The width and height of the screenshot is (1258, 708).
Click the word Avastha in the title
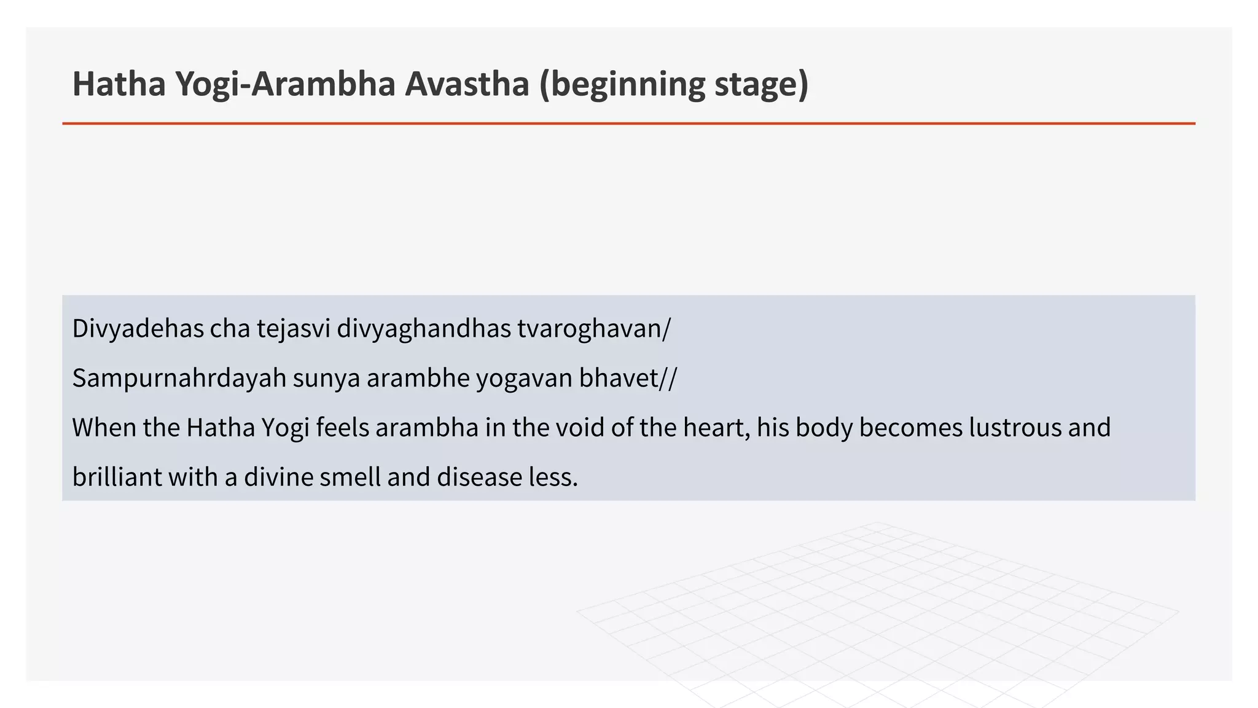pos(466,84)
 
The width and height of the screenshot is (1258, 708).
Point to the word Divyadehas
pos(138,329)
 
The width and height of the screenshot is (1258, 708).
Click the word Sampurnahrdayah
pos(179,378)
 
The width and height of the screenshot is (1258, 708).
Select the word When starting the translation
pos(104,428)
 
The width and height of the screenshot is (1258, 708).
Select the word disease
pos(479,477)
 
